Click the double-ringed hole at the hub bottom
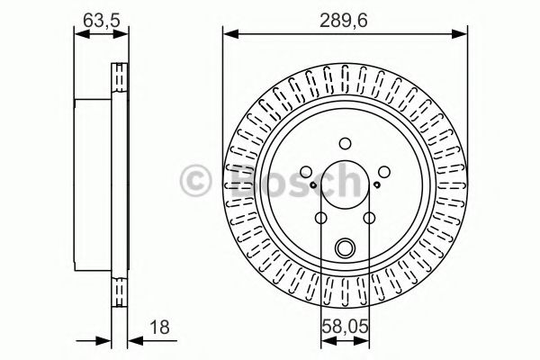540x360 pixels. pos(346,249)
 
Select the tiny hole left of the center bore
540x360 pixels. pos(312,186)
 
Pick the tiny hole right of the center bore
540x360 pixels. pos(379,186)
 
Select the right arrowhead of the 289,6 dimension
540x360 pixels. pos(464,34)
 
